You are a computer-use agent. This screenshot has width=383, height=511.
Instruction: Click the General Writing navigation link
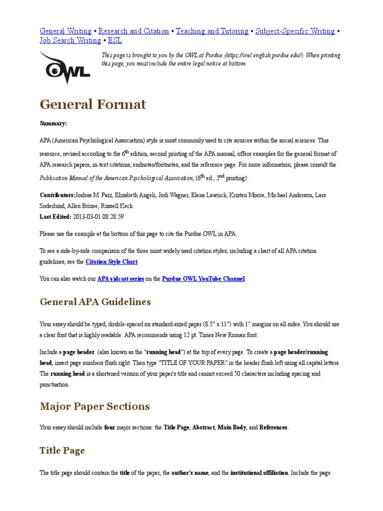click(x=65, y=31)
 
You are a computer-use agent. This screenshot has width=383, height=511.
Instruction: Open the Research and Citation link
click(x=134, y=31)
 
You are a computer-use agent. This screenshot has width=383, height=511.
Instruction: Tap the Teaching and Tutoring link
click(x=212, y=31)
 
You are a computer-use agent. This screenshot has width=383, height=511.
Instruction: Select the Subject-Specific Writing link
click(x=295, y=31)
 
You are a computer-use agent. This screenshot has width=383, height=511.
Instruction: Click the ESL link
click(x=115, y=40)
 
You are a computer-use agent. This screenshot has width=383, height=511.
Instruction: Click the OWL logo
click(x=64, y=67)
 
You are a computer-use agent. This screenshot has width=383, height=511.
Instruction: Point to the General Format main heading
click(x=93, y=104)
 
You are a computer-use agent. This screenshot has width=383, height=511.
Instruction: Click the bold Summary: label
click(x=53, y=123)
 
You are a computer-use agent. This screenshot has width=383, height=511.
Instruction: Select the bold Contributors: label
click(x=57, y=195)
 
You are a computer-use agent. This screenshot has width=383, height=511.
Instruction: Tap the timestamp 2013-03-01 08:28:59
click(x=98, y=217)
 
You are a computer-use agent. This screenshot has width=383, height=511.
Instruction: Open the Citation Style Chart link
click(x=112, y=261)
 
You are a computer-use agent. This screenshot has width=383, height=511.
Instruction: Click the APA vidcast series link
click(x=120, y=278)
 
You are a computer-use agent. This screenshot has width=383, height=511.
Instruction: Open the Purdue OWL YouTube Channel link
click(x=203, y=278)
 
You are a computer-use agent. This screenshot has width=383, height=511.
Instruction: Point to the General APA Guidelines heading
click(x=95, y=302)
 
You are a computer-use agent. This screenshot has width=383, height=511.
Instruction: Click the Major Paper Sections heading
click(x=95, y=406)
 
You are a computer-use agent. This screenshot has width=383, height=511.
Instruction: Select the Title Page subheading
click(x=62, y=451)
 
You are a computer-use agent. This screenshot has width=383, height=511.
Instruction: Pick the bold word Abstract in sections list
click(x=204, y=427)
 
